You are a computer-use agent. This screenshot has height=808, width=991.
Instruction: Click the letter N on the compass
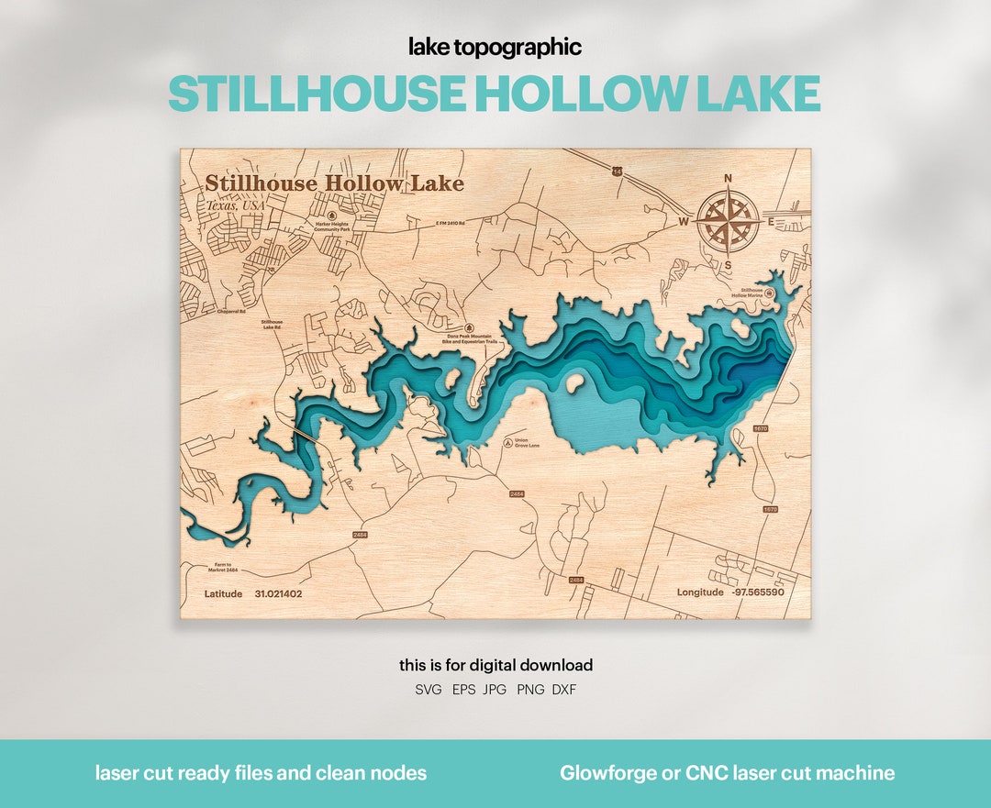coord(729,179)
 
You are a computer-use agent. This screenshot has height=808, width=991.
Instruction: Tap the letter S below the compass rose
coord(729,266)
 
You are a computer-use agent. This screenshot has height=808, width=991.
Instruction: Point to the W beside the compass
coord(684,221)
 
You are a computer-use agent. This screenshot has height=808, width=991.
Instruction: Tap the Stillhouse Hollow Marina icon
coord(769,293)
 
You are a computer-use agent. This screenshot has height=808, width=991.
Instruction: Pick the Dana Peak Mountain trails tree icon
coord(469,327)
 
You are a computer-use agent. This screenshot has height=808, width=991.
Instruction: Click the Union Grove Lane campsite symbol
coord(508,442)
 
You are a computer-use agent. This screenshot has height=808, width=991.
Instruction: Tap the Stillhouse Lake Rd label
coord(273,326)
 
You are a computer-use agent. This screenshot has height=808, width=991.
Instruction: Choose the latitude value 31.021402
coord(278,594)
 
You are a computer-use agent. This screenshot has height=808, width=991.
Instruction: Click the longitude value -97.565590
coord(757,592)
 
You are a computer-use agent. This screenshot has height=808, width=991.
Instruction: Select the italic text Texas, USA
coord(235,205)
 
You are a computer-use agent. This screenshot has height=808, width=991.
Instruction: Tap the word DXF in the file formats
coord(564,689)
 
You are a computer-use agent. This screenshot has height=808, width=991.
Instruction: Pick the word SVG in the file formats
coord(429,689)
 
